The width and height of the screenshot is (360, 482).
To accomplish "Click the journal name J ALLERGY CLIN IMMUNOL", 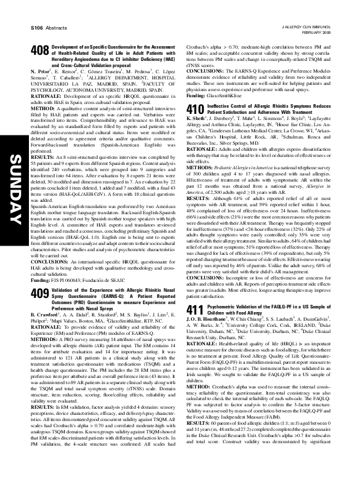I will coord(317,26).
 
